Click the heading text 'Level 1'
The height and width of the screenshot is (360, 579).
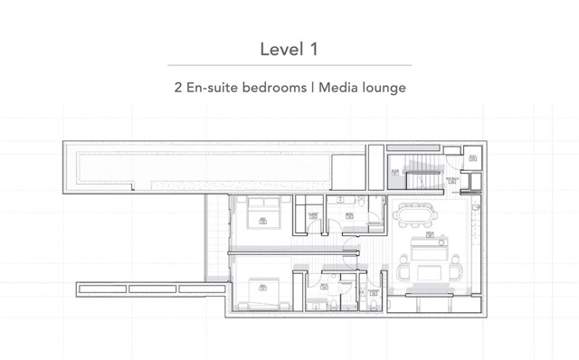coord(289,47)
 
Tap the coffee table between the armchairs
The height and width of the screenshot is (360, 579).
coord(429,271)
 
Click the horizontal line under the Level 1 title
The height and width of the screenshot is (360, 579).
coord(289,65)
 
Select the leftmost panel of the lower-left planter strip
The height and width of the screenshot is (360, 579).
coord(100,289)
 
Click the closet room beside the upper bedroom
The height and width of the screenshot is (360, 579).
coord(313,215)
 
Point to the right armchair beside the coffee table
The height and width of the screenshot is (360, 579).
coord(456,270)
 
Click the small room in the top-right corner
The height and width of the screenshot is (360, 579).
coord(472,157)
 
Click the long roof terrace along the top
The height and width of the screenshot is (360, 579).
coord(199,166)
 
